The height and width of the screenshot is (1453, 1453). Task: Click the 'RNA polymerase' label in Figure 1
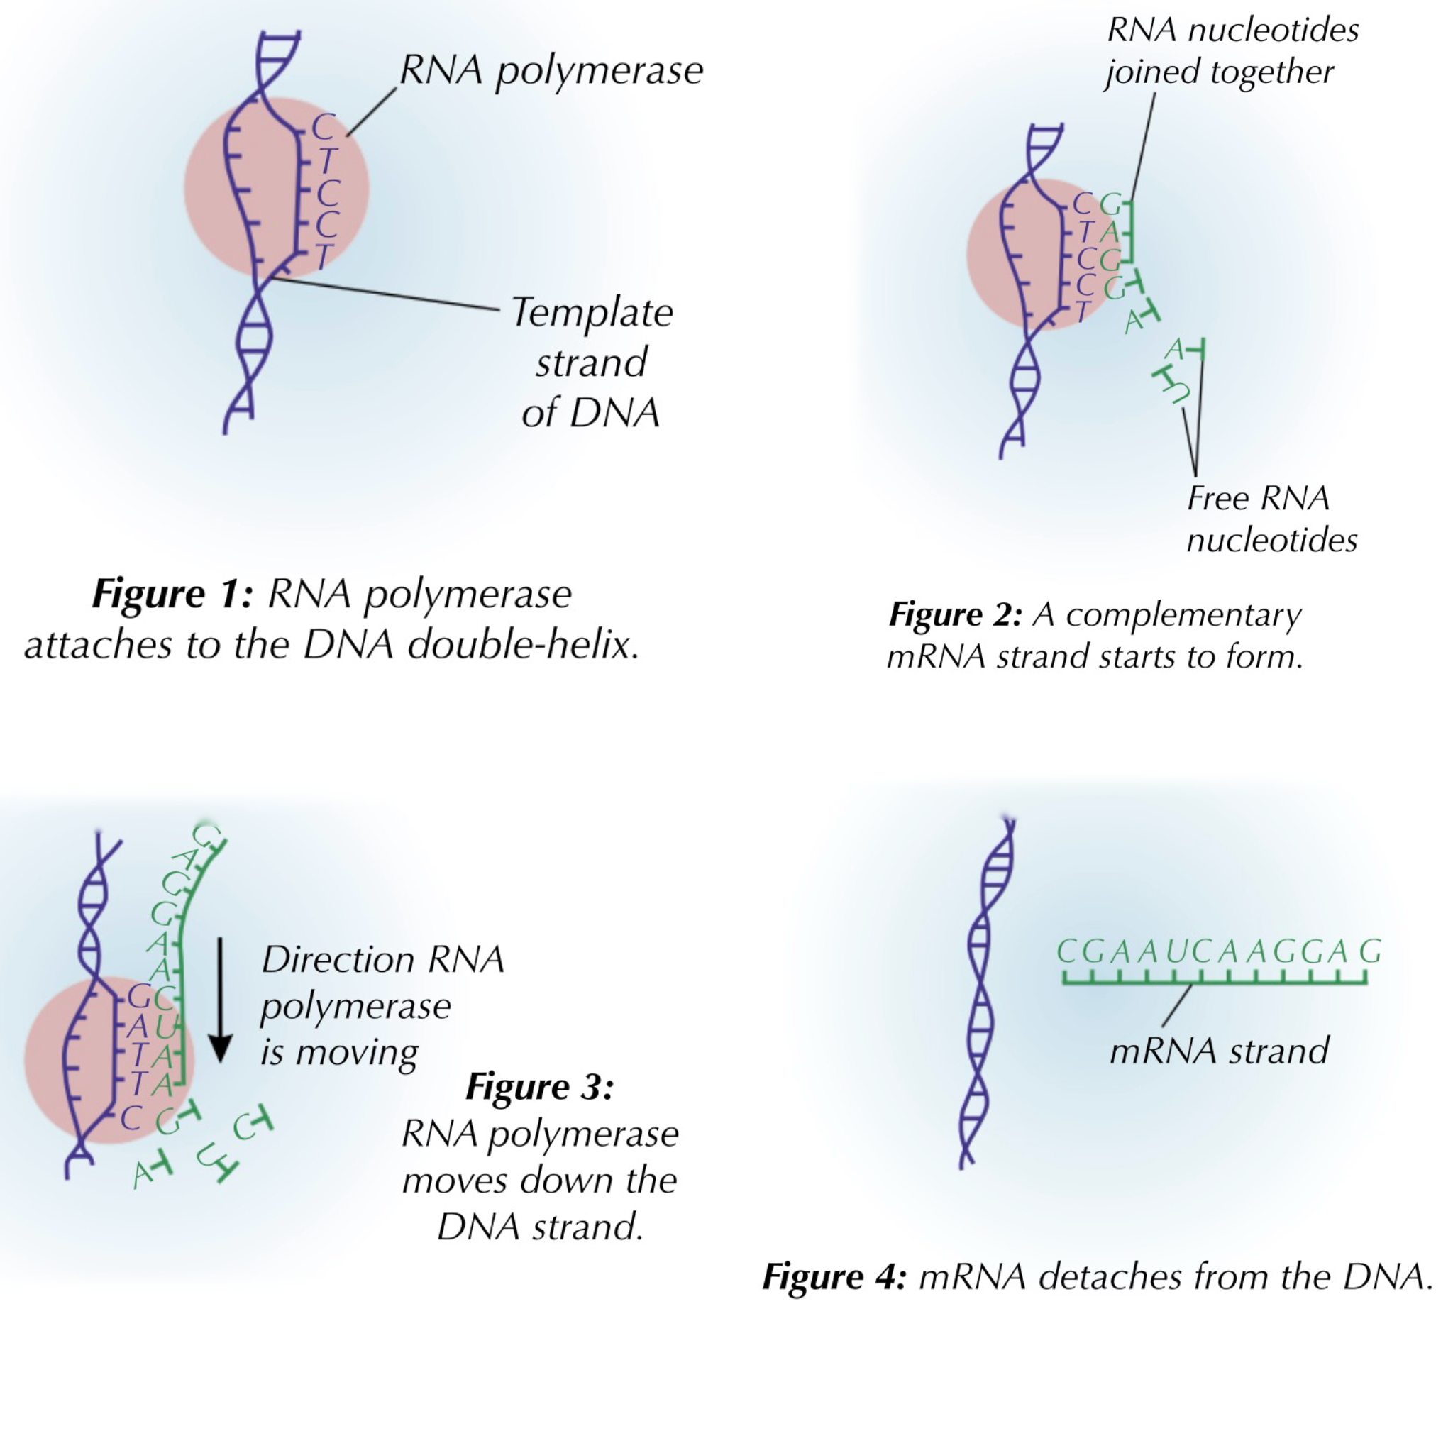point(551,70)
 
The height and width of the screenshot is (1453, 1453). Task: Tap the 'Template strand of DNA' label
point(592,363)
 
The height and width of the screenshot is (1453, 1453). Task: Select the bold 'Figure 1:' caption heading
point(172,593)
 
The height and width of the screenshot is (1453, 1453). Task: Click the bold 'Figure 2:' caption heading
point(955,615)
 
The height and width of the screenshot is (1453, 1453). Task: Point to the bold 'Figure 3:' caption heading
point(539,1087)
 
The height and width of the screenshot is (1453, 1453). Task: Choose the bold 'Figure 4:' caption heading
point(834,1277)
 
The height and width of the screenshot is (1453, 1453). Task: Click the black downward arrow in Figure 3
point(221,1000)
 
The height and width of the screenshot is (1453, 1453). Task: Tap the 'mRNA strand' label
point(1219,1051)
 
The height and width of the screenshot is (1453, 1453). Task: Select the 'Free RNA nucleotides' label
point(1271,519)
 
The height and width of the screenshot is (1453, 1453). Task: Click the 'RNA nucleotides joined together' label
point(1232,51)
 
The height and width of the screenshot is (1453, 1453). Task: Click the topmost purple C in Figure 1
point(323,127)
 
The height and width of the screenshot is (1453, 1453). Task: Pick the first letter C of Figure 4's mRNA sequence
point(1066,952)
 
